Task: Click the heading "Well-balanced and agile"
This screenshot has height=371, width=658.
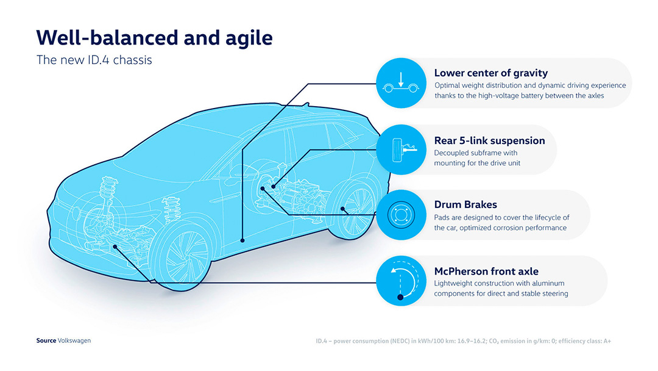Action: coord(154,38)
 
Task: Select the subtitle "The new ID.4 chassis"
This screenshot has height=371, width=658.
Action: coord(94,60)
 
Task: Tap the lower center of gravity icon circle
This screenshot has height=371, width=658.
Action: coord(401,83)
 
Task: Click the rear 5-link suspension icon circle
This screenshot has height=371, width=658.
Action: coord(401,149)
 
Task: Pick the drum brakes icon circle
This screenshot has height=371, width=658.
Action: coord(401,215)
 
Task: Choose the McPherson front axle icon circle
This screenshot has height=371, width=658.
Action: coord(401,281)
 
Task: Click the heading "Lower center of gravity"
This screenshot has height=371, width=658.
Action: coord(491,73)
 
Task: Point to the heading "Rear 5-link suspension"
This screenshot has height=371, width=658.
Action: coord(489,140)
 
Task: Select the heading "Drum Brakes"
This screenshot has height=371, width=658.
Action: coord(465,204)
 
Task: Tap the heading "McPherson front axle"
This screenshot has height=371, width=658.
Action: coord(486,271)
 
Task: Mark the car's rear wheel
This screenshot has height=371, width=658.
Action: coord(354,210)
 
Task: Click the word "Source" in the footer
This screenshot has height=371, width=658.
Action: coord(46,340)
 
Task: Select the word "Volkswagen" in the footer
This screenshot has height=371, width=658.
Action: coord(74,340)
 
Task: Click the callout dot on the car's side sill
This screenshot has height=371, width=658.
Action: coord(242,241)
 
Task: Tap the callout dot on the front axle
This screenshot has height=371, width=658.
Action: coord(115,247)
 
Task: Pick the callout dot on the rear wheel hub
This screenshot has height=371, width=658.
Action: coord(343,209)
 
